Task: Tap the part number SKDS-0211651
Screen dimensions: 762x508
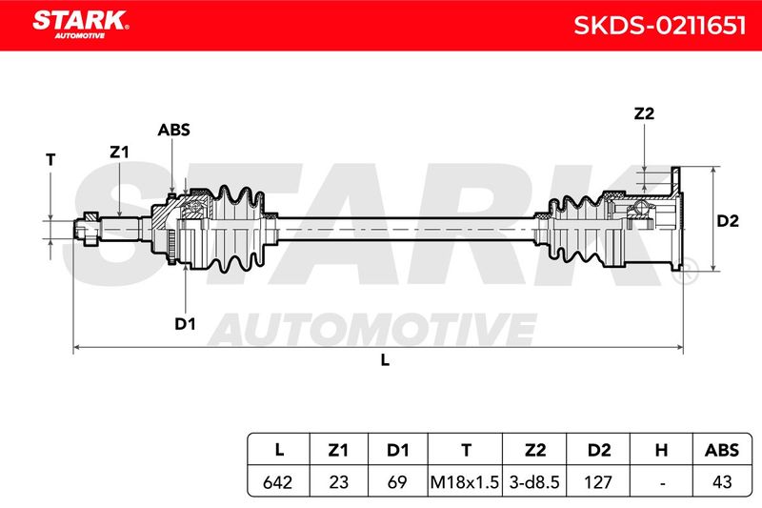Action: tap(659, 26)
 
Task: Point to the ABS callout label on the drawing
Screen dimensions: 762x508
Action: tap(173, 130)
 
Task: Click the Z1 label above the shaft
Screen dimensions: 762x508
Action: tap(119, 152)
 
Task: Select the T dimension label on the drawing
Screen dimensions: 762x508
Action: tap(50, 160)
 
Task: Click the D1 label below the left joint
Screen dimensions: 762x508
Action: tap(185, 324)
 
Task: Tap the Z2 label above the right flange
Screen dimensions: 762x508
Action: tap(644, 113)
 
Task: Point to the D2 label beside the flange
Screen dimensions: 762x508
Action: tap(728, 221)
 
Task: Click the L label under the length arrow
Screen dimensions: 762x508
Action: tap(385, 360)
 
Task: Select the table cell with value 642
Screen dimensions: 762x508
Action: tap(277, 482)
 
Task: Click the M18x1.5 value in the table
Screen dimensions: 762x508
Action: tap(465, 482)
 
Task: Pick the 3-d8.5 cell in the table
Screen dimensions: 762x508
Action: tap(534, 482)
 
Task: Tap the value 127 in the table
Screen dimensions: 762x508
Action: tap(598, 482)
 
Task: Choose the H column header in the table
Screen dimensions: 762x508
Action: tap(661, 450)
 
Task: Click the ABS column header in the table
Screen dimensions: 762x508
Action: tap(722, 450)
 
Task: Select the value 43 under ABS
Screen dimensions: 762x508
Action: tap(722, 482)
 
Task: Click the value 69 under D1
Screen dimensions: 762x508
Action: tap(397, 482)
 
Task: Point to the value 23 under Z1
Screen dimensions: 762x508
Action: tap(338, 482)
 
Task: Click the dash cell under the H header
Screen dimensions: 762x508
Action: tap(662, 483)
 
